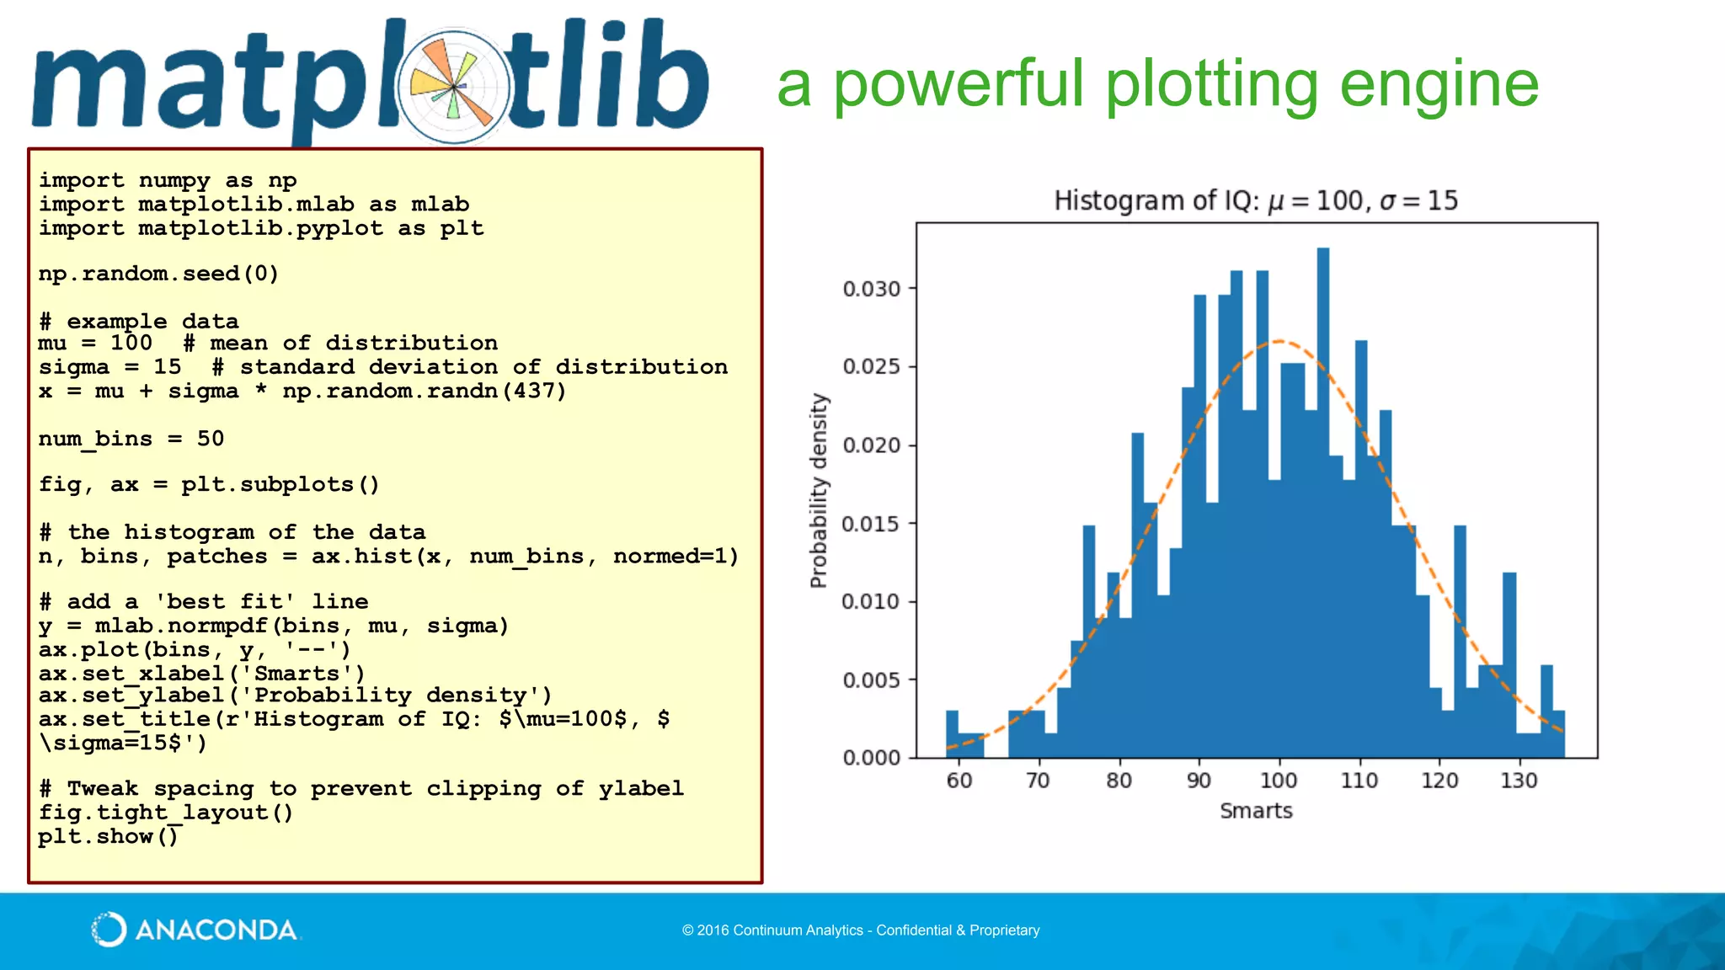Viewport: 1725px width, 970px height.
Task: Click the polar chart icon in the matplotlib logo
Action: (x=454, y=87)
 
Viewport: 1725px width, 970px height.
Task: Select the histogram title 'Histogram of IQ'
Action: (x=1156, y=200)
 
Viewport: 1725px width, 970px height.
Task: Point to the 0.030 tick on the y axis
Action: (x=872, y=289)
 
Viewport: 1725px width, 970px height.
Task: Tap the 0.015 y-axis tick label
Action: (x=872, y=524)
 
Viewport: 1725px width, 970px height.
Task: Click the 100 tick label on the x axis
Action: (x=1278, y=781)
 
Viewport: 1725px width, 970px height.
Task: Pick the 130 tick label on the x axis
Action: (x=1519, y=781)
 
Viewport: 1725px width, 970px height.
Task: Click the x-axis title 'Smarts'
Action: (x=1256, y=811)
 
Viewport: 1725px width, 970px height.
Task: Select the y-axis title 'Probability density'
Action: (x=819, y=490)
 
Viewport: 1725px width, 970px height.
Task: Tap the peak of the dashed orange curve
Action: (x=1279, y=341)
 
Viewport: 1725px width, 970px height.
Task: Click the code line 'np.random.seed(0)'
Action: (x=158, y=274)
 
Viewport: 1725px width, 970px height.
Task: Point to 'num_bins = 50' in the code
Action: (x=131, y=439)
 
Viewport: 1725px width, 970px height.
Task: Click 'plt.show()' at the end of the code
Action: (x=109, y=836)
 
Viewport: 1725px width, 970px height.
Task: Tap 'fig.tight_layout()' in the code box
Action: (x=166, y=813)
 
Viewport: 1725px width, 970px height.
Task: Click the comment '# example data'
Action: (x=139, y=322)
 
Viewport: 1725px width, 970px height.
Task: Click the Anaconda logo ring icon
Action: (x=109, y=930)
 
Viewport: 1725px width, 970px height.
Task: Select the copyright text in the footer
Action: (x=861, y=930)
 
